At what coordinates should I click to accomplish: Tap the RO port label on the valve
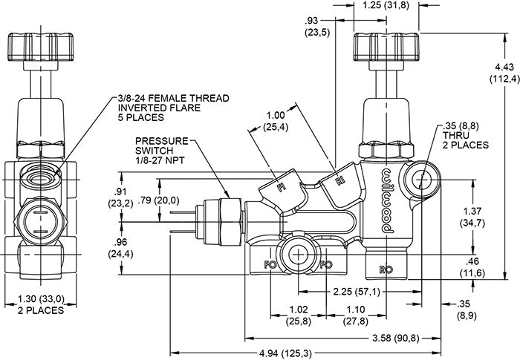click(x=386, y=269)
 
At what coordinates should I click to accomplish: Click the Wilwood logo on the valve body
click(x=387, y=200)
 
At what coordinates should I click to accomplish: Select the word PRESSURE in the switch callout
click(x=161, y=141)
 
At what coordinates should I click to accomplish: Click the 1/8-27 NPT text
click(x=160, y=160)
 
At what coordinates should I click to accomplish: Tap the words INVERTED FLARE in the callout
click(x=160, y=108)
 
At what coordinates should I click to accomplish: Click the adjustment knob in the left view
click(x=40, y=47)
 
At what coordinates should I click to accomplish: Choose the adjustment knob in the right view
click(x=386, y=47)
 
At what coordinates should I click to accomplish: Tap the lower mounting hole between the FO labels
click(x=299, y=255)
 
